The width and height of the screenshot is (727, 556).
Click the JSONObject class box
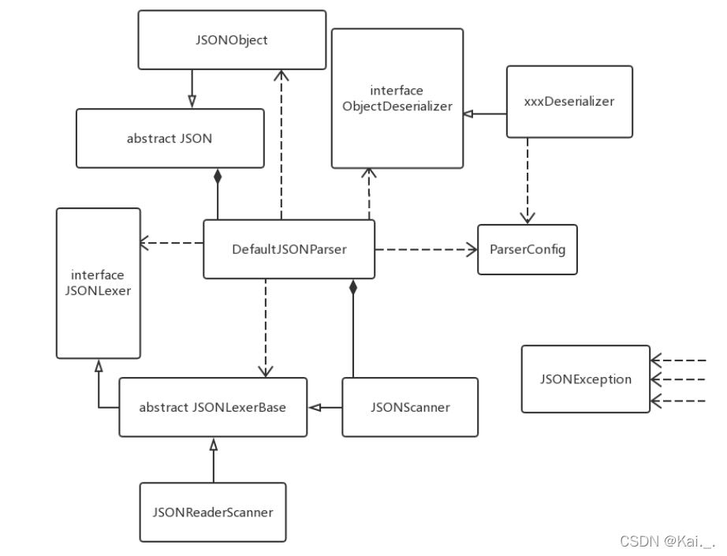232,39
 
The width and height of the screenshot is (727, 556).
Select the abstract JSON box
170,138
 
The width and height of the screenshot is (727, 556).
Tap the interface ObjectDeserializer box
397,98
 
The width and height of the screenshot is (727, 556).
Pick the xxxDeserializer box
569,102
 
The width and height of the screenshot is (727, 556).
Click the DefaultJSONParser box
289,249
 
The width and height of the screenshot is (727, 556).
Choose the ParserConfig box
527,249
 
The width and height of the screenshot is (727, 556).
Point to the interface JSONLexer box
98,282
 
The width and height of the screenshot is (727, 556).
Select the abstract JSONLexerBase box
212,407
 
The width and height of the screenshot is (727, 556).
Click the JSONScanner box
409,407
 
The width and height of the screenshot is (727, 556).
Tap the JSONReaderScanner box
212,512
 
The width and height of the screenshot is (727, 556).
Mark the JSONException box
585,379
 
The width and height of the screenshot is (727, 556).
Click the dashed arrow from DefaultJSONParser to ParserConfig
426,249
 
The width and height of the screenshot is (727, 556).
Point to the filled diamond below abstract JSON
217,176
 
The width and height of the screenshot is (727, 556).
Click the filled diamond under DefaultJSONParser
353,288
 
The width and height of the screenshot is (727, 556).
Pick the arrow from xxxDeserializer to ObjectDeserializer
485,114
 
